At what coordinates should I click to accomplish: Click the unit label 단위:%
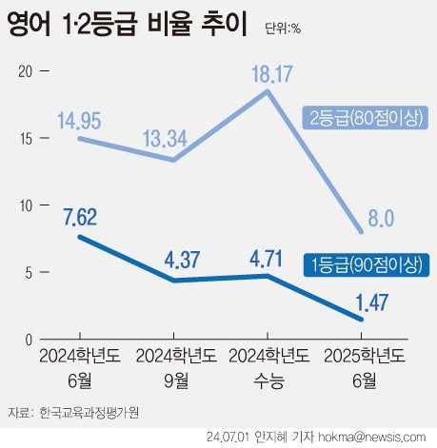tap(281, 29)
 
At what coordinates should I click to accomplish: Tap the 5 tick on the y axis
tap(29, 272)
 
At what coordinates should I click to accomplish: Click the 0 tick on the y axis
tap(29, 340)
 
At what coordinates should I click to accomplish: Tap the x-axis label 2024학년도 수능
tap(268, 369)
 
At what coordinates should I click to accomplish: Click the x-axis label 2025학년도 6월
tap(363, 369)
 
